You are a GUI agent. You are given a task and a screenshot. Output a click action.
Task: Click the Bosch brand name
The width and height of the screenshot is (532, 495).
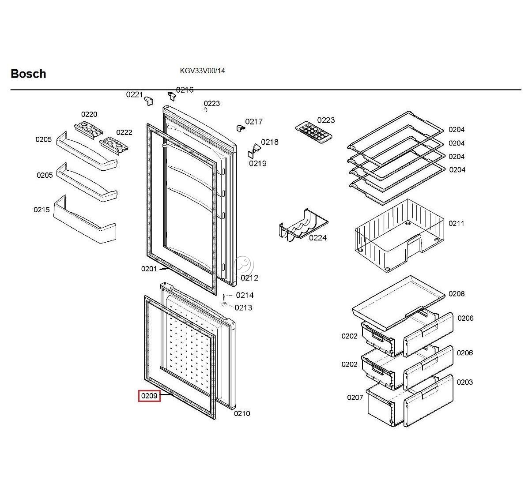(x=28, y=74)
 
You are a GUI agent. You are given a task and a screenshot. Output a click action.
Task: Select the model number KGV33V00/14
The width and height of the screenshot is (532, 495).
(x=202, y=71)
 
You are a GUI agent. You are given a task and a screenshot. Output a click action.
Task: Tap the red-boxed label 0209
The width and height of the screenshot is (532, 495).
(x=149, y=396)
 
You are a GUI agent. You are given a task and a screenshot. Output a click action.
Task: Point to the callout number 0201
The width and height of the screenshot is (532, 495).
(x=149, y=269)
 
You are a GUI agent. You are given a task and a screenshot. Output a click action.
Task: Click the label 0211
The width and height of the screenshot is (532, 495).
(x=457, y=223)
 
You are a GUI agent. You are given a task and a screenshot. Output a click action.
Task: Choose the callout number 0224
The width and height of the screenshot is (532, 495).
(x=317, y=238)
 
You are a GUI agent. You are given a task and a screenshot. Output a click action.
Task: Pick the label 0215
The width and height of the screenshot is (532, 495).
(x=42, y=210)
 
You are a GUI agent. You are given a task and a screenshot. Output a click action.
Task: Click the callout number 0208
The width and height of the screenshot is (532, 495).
(x=457, y=294)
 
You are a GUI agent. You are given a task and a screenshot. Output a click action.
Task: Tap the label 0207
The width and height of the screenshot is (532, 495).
(x=355, y=397)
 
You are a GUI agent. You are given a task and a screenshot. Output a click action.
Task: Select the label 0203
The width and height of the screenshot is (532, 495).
(x=464, y=382)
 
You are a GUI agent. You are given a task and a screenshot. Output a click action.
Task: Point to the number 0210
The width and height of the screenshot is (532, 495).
(x=242, y=413)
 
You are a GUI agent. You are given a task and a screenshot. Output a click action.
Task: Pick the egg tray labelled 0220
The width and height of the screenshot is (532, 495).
(x=88, y=129)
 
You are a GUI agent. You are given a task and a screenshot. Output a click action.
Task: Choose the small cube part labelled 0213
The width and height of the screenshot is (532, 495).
(x=224, y=304)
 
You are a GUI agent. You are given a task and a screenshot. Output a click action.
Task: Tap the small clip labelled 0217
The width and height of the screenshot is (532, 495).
(x=240, y=128)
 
